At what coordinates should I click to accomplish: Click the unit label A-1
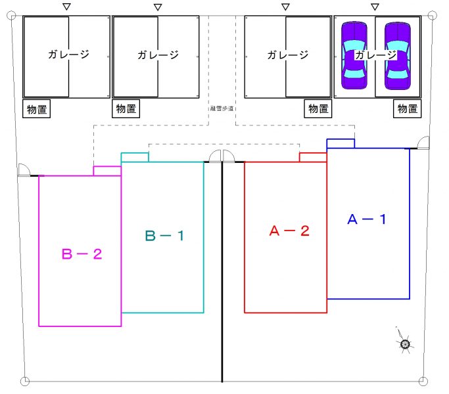pos(366,220)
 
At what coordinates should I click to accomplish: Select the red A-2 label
pos(289,230)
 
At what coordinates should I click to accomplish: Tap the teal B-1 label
pos(164,235)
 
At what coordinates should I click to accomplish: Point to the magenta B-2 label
pos(82,253)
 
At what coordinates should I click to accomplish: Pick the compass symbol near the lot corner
pos(405,343)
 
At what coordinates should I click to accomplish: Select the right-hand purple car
pos(397,56)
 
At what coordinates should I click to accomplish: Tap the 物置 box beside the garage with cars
pos(407,109)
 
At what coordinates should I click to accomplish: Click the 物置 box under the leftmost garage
pos(37,109)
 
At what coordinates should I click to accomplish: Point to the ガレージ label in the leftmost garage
pos(68,55)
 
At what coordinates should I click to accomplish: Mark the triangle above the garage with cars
pos(375,7)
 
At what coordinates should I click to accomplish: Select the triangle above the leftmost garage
pos(66,7)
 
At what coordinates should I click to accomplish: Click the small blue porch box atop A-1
pos(341,143)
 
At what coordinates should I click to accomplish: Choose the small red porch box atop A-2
pos(313,157)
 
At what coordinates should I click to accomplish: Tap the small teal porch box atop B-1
pos(135,157)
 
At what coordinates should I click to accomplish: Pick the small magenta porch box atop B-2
pos(107,171)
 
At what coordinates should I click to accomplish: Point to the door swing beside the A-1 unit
pos(421,142)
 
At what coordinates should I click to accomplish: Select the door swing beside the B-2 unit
pos(25,170)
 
